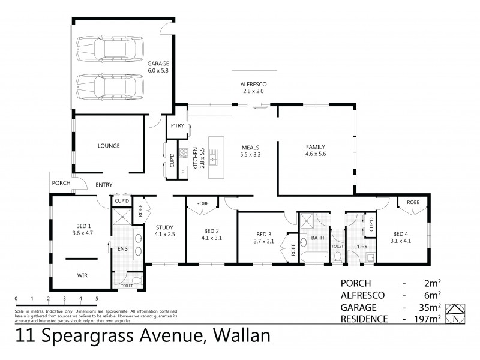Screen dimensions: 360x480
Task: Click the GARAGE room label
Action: point(158,64)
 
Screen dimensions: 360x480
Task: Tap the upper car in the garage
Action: point(112,47)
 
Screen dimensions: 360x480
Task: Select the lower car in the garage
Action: point(112,87)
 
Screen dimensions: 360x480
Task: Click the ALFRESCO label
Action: point(253,84)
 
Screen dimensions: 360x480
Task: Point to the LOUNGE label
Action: point(109,146)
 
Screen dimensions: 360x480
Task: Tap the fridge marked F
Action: point(182,172)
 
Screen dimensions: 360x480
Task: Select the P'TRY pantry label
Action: point(177,125)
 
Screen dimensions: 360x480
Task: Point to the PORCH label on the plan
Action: point(61,183)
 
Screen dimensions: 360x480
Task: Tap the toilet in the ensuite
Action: point(135,280)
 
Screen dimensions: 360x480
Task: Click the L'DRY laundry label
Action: point(360,247)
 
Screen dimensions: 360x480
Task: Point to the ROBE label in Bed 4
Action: point(413,203)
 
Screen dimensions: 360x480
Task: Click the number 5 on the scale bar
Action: point(96,298)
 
